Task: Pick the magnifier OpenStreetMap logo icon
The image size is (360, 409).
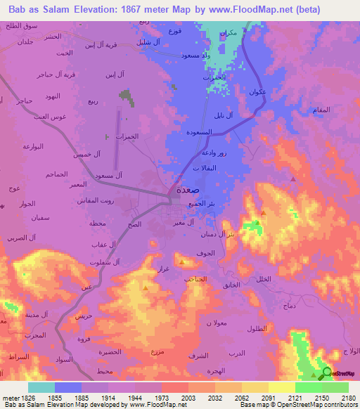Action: pyautogui.click(x=326, y=373)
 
